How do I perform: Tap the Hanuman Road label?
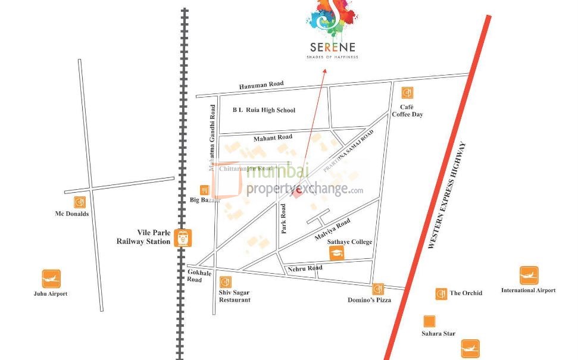click(x=261, y=85)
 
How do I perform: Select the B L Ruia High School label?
click(x=264, y=110)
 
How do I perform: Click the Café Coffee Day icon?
click(x=407, y=93)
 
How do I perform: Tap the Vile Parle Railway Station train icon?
click(x=183, y=237)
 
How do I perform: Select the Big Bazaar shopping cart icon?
click(x=204, y=190)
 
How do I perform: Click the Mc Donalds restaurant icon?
click(x=79, y=202)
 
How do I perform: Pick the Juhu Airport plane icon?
click(x=51, y=278)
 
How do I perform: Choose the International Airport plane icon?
click(x=529, y=276)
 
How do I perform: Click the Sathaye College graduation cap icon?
click(x=338, y=253)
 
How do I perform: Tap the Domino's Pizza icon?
click(x=377, y=289)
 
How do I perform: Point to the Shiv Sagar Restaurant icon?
click(x=226, y=282)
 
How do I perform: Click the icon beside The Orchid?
click(x=441, y=293)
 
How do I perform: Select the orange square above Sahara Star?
click(x=427, y=321)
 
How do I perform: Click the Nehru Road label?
click(x=305, y=268)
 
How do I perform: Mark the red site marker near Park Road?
click(x=296, y=192)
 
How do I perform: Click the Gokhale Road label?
click(x=194, y=275)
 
